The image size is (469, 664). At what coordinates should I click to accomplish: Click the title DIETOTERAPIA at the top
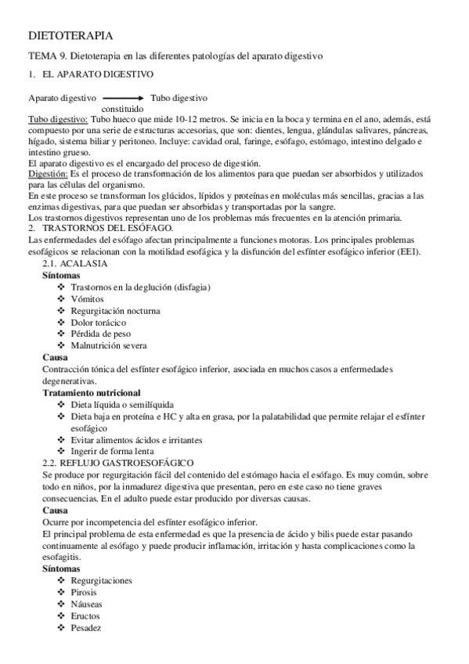pos(69,36)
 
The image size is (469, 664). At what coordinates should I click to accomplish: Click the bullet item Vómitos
pos(87,299)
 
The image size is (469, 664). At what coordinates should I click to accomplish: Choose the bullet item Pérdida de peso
pos(100,334)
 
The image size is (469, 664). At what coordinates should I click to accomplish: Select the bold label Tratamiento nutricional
pos(92,392)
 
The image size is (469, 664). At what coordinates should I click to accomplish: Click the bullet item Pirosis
pos(85,593)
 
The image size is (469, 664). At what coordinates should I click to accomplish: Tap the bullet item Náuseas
pos(87,604)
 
